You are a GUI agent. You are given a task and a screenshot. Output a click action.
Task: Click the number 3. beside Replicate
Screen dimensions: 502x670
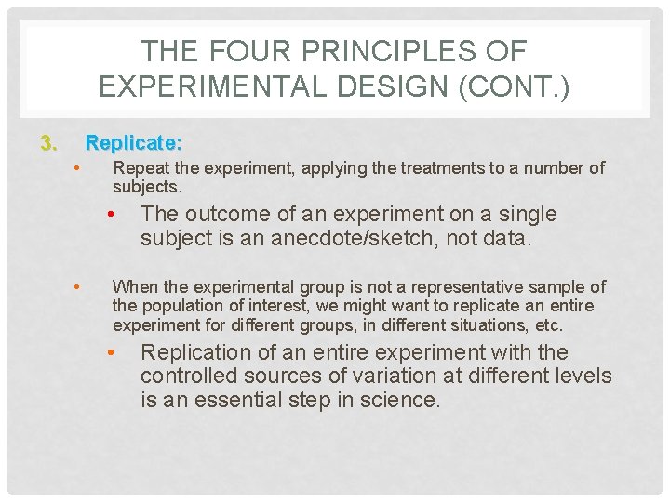click(48, 143)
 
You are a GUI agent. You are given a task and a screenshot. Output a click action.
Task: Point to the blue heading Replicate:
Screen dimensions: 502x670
click(134, 143)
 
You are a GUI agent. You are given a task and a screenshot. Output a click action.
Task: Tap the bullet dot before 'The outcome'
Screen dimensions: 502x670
click(111, 215)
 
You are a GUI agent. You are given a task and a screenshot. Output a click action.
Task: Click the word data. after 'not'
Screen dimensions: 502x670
click(508, 238)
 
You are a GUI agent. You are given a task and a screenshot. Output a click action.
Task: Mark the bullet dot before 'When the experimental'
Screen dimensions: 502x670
click(80, 287)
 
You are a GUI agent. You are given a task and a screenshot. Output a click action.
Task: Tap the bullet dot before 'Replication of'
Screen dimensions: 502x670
click(111, 353)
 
